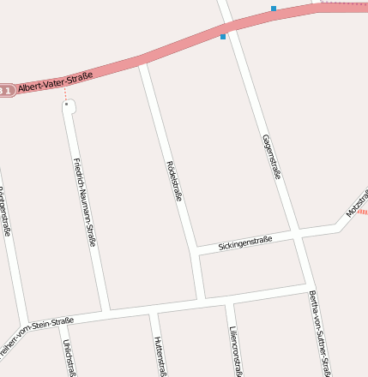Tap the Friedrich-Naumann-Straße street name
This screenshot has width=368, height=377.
click(x=83, y=202)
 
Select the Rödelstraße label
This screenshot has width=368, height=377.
click(x=174, y=180)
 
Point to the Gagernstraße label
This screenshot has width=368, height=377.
click(x=272, y=156)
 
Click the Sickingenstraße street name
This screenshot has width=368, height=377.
click(x=244, y=243)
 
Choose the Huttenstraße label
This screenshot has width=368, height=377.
click(x=160, y=356)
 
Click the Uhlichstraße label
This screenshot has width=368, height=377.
click(x=68, y=357)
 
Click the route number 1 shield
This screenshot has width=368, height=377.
click(x=6, y=89)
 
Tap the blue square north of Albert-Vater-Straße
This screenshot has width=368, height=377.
click(x=274, y=9)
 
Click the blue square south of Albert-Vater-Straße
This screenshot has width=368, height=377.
click(x=223, y=37)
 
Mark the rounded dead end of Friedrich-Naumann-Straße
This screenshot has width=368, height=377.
click(x=69, y=106)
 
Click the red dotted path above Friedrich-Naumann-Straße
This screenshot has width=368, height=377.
click(x=64, y=93)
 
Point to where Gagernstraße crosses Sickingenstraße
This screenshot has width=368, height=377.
click(x=295, y=232)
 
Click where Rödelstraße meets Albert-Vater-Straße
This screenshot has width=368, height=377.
click(x=143, y=62)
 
